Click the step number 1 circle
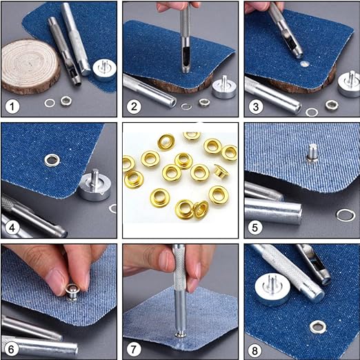[x=12, y=106]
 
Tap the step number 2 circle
[x=134, y=106]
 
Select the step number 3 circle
[x=255, y=106]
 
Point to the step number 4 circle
[x=12, y=228]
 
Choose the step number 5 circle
[x=255, y=228]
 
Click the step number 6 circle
[x=11, y=350]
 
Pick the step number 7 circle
[x=134, y=350]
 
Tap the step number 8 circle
[x=255, y=350]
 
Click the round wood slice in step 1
[x=30, y=67]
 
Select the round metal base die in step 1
[x=104, y=70]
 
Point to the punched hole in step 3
[x=305, y=64]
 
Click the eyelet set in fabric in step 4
[x=52, y=160]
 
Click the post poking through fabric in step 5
[x=312, y=154]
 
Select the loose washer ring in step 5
[x=346, y=215]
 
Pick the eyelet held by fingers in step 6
[x=72, y=292]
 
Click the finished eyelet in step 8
[x=318, y=327]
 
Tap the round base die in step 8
[x=272, y=290]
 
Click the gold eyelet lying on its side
[x=221, y=172]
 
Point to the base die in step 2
[x=224, y=87]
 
